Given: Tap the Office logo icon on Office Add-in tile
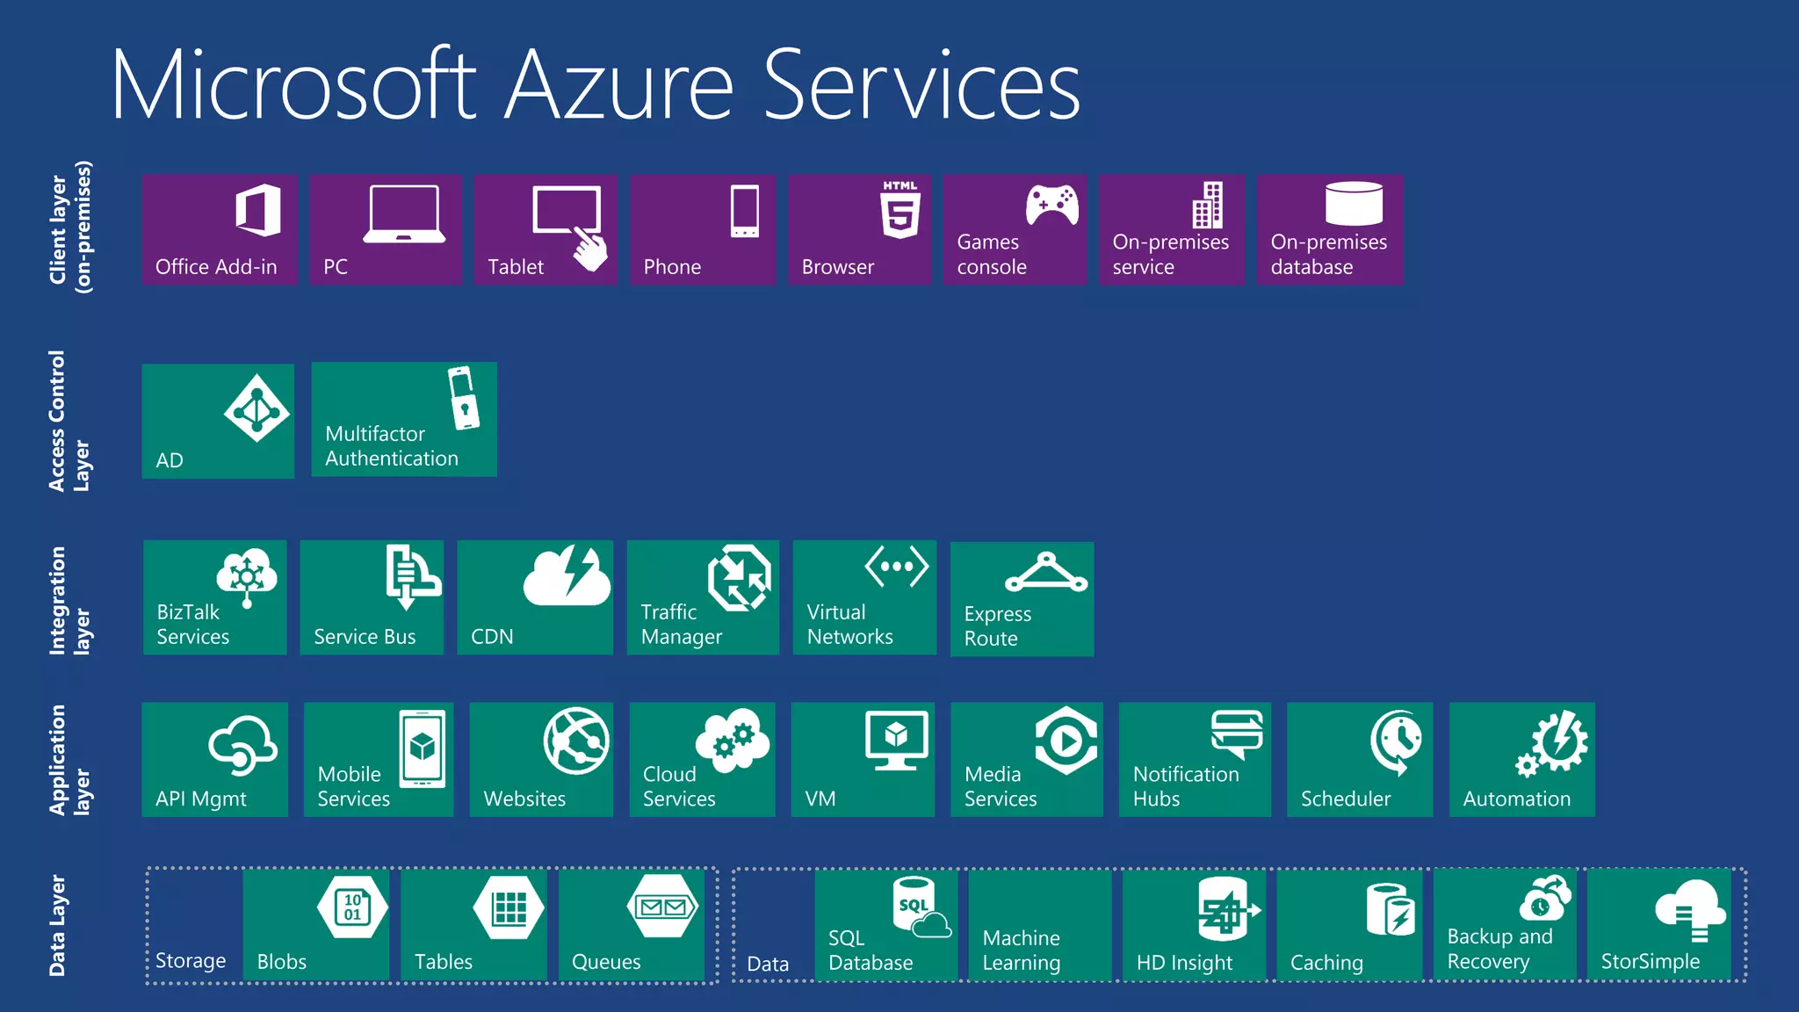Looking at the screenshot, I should point(258,210).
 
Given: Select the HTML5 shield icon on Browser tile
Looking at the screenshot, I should point(900,210).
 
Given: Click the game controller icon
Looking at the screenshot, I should point(1052,206).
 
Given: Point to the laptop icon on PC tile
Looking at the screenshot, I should point(404,213).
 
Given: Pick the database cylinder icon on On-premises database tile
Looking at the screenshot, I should point(1354,204).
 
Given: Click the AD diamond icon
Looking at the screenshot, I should point(256,408).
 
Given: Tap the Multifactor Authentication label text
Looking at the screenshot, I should point(392,446).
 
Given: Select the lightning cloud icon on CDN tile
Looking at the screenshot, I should point(567,576).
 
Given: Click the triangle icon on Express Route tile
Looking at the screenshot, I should point(1046,573).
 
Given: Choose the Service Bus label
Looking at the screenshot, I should point(365,637).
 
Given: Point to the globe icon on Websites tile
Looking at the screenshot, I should point(576,741).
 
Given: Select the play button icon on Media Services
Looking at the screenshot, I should point(1066,741).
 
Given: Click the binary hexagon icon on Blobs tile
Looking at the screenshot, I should point(352,907).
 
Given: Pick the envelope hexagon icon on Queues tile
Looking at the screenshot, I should point(663,907).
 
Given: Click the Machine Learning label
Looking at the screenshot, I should point(1022,951).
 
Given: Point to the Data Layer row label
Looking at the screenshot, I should point(57,925).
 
